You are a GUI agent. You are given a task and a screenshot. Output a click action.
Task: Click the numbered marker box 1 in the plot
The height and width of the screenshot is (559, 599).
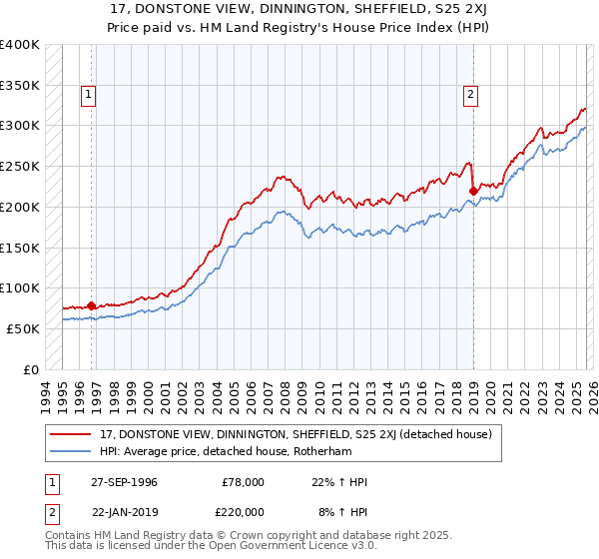point(89,95)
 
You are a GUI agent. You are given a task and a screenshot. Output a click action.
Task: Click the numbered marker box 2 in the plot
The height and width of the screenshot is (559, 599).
point(470,95)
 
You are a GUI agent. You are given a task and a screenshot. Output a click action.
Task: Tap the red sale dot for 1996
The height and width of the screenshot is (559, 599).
point(91,305)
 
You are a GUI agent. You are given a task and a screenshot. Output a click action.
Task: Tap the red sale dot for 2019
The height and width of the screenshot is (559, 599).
point(472,190)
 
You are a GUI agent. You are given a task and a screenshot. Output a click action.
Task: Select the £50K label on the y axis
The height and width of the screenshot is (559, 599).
point(23,328)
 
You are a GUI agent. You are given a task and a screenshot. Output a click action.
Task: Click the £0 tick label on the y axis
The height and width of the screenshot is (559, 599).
point(31,369)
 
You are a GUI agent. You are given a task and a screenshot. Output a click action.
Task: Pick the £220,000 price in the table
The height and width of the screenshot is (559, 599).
point(244,510)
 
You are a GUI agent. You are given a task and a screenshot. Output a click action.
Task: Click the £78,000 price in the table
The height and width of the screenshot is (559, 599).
point(244,482)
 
